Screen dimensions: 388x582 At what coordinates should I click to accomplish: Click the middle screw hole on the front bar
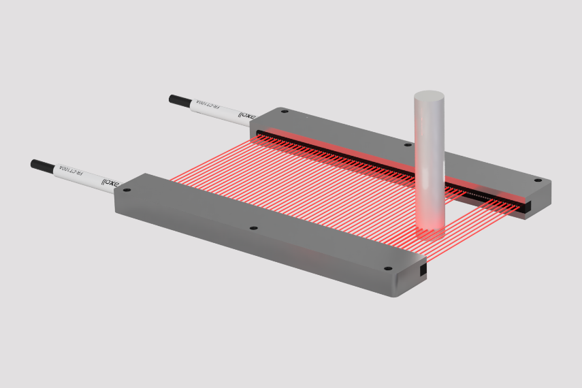(x=253, y=228)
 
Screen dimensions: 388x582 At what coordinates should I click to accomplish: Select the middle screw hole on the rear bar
(x=408, y=144)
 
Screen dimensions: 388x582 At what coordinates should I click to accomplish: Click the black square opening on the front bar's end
(x=423, y=271)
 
